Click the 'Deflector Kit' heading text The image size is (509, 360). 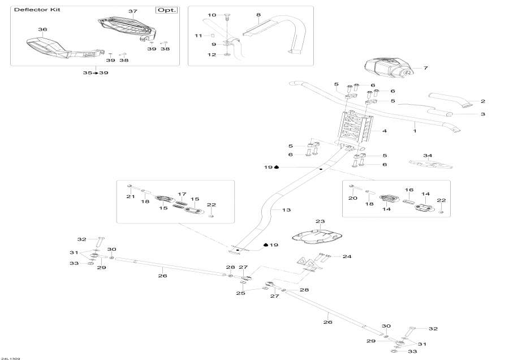tap(37, 10)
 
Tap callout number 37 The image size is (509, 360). tap(132, 12)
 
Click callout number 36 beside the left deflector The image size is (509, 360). tap(42, 29)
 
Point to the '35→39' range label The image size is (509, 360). tap(96, 73)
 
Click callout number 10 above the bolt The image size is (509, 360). tap(212, 15)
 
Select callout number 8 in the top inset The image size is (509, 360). tap(258, 15)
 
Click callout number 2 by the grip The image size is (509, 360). tap(483, 102)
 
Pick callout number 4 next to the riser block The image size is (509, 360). tap(384, 131)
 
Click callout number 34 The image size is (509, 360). tap(428, 156)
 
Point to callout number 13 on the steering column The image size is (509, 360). tap(286, 210)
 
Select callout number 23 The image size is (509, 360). tap(320, 222)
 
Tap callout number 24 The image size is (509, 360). tap(347, 256)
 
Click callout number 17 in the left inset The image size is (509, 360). tap(182, 194)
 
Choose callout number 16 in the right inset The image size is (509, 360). tap(409, 190)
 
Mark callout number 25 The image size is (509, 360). tap(240, 293)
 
